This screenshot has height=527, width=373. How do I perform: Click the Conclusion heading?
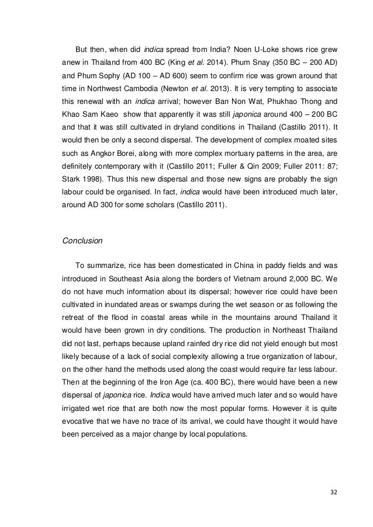[82, 240]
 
